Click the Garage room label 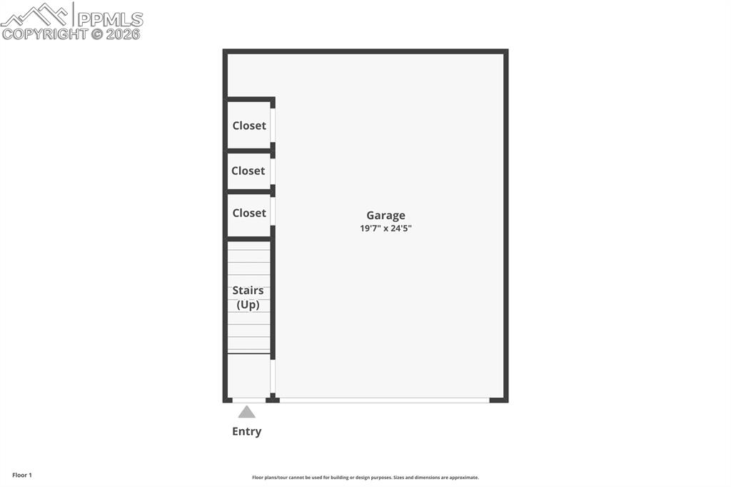[385, 215]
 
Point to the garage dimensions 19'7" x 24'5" [385, 229]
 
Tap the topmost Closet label [249, 126]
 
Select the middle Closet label [248, 171]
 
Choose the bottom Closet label [249, 213]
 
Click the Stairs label [248, 291]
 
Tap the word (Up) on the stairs [248, 305]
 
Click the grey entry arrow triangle [246, 412]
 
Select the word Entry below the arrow [246, 431]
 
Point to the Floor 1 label [22, 475]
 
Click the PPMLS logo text [110, 19]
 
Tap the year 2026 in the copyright [123, 34]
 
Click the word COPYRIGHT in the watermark [44, 34]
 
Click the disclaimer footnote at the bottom [365, 478]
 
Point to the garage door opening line [384, 400]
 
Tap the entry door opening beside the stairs [249, 400]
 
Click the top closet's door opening [273, 125]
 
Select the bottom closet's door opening [273, 211]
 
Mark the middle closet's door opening [273, 171]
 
